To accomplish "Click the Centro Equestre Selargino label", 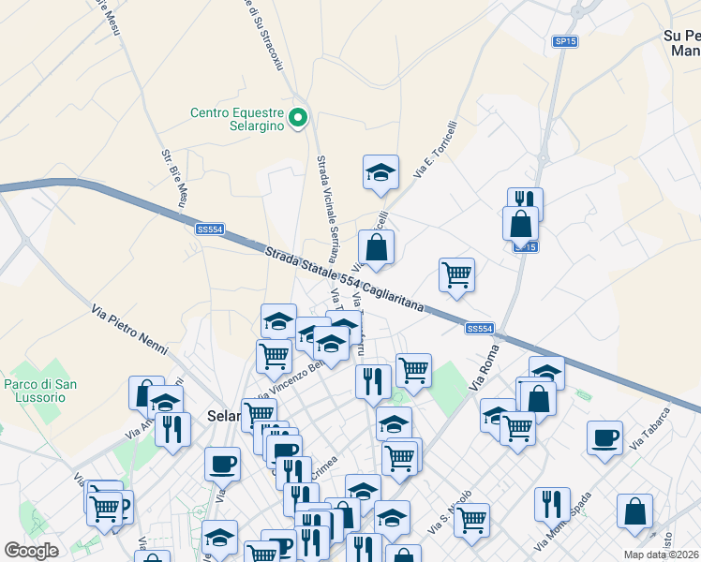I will (x=237, y=119).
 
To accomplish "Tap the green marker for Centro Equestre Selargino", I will (x=298, y=117).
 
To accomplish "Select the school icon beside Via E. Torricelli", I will (x=380, y=172).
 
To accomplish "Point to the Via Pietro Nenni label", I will (x=129, y=330).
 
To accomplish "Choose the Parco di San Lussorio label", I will (x=40, y=391).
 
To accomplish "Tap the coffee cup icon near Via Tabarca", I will (x=604, y=437).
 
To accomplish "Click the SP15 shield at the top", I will (x=564, y=41).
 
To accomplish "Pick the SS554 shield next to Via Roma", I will (x=479, y=328).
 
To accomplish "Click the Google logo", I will (x=31, y=551).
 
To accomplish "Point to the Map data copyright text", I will (x=661, y=555).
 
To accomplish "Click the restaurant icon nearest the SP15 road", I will (x=525, y=201).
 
